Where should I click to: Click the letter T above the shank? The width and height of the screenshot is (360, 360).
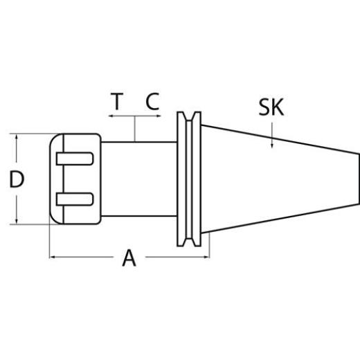tap(117, 102)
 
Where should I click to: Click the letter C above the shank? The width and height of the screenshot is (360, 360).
tap(153, 102)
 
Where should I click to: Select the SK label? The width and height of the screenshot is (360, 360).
tap(272, 107)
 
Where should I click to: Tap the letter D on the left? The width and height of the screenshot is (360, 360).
tap(17, 179)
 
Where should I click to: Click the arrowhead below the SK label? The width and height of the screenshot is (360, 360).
tap(272, 143)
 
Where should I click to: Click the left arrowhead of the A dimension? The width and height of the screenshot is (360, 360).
tap(53, 257)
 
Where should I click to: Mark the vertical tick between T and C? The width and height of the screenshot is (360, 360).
tap(136, 129)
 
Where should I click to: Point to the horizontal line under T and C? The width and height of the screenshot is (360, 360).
tap(136, 118)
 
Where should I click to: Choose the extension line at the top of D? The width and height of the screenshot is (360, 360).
tap(31, 132)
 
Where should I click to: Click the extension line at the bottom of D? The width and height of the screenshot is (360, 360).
tap(31, 224)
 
